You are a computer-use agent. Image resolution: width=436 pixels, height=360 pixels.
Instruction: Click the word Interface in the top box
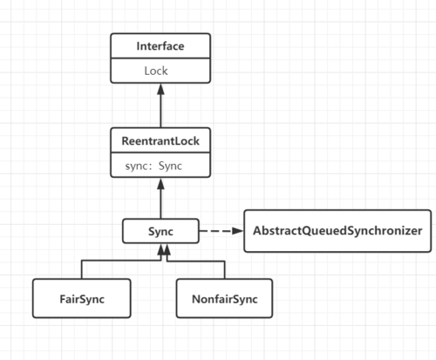160,45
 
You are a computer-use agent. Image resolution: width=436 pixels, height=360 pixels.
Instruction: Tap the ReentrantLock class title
160,139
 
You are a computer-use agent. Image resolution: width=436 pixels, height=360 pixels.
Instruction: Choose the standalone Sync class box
160,232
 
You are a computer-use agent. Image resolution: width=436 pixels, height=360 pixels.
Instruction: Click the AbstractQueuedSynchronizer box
337,231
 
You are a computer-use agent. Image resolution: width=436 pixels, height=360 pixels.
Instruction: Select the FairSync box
82,297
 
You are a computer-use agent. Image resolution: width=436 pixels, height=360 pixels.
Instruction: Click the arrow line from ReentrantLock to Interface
161,109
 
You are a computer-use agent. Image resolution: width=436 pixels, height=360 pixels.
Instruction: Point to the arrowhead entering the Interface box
161,88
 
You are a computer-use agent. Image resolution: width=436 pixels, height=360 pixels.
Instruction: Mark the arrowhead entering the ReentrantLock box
161,182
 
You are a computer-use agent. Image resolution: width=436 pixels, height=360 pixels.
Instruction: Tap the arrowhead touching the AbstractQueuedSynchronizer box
237,232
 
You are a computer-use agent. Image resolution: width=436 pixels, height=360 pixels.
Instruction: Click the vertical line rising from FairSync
82,269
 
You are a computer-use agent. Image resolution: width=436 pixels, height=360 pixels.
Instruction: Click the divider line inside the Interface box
160,58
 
